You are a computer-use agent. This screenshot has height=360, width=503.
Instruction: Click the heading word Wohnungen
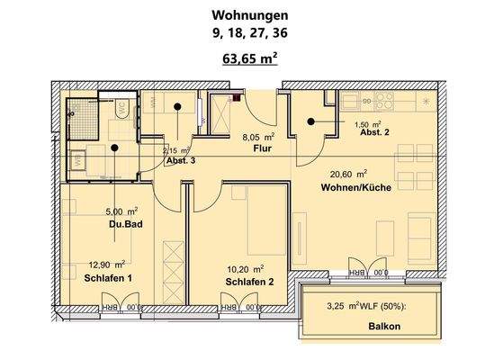pos(251,15)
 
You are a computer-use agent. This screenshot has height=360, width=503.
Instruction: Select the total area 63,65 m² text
pos(251,60)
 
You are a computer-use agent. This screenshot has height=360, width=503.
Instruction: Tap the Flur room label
pos(263,148)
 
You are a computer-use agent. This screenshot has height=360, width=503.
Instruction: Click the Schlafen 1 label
pos(109,278)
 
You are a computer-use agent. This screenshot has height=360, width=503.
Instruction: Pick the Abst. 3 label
pos(180,160)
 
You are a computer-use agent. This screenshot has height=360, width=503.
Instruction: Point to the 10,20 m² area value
pos(245,268)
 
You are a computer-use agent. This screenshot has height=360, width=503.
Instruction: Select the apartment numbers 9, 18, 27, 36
pos(251,35)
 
